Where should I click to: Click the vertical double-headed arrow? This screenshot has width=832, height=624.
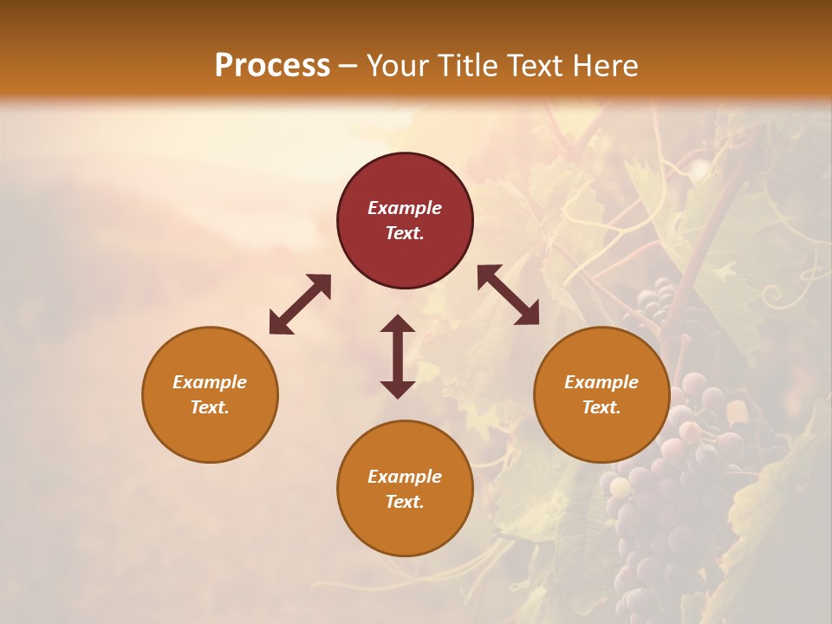click(x=398, y=356)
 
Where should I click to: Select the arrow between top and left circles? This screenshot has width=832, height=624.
click(x=300, y=304)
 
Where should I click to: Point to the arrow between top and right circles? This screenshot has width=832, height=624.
click(x=508, y=295)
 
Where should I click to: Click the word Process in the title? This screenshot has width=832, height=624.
click(x=272, y=65)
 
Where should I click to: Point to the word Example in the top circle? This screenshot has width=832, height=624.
click(x=405, y=208)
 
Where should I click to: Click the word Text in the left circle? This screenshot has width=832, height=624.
click(x=210, y=407)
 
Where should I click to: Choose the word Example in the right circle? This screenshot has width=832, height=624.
click(x=601, y=382)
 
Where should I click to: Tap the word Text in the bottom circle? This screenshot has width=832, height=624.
click(x=405, y=502)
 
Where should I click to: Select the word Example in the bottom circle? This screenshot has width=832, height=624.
click(x=405, y=477)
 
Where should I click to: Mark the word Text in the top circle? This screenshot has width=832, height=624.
click(x=405, y=233)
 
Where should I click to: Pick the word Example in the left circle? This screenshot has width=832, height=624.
click(x=210, y=382)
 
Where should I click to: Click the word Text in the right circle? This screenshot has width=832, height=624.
click(x=601, y=407)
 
